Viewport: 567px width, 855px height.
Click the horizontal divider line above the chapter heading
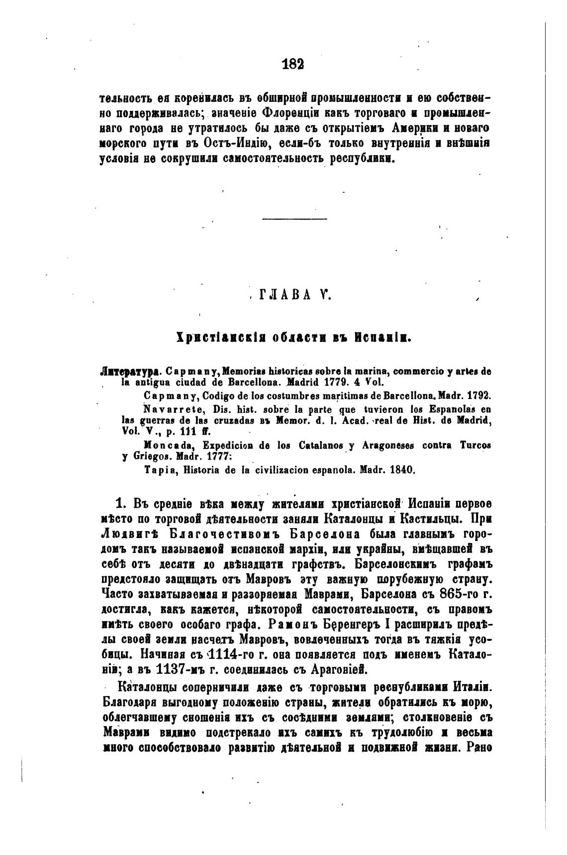pyautogui.click(x=294, y=220)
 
